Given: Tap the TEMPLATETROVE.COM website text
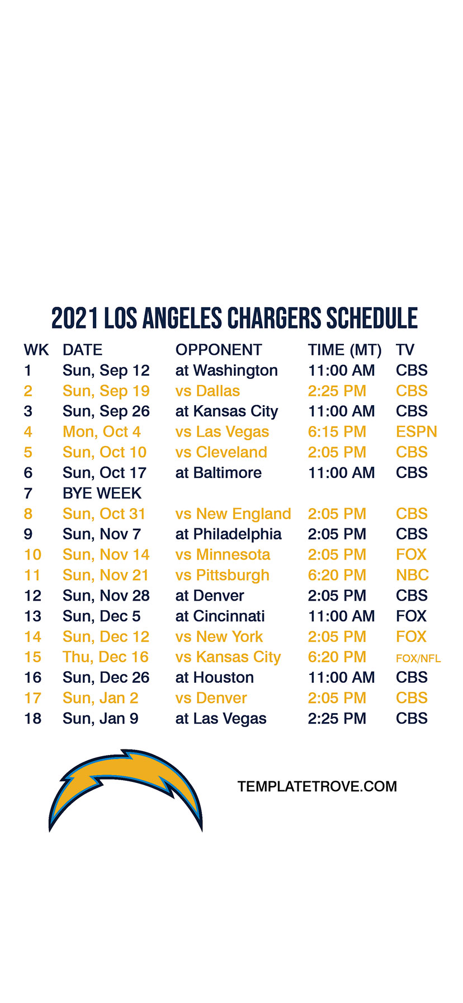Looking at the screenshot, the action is (x=317, y=786).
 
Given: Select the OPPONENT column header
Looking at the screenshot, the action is (x=219, y=350).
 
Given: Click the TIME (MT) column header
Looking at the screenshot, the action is (x=344, y=350).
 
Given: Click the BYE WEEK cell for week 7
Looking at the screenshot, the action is (x=102, y=493).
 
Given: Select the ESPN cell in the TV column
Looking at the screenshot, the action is (x=416, y=432).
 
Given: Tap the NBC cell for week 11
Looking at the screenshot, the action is (x=412, y=575).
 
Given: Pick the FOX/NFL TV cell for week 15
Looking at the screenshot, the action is (x=418, y=658).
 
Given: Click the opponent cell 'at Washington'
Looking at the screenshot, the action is (x=226, y=371).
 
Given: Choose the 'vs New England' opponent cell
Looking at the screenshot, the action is (x=233, y=514).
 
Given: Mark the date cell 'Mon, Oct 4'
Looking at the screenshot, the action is (x=102, y=432).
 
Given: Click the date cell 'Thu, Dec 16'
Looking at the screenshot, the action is (x=106, y=657).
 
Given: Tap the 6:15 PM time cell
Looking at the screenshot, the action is (x=337, y=432).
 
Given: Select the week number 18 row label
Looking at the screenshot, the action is (x=32, y=718).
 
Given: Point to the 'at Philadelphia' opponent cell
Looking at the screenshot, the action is (x=228, y=534).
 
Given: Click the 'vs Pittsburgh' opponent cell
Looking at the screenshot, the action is (x=222, y=575).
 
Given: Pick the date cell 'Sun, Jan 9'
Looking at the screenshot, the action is (x=101, y=719).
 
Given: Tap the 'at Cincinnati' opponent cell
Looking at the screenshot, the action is (x=220, y=616).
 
